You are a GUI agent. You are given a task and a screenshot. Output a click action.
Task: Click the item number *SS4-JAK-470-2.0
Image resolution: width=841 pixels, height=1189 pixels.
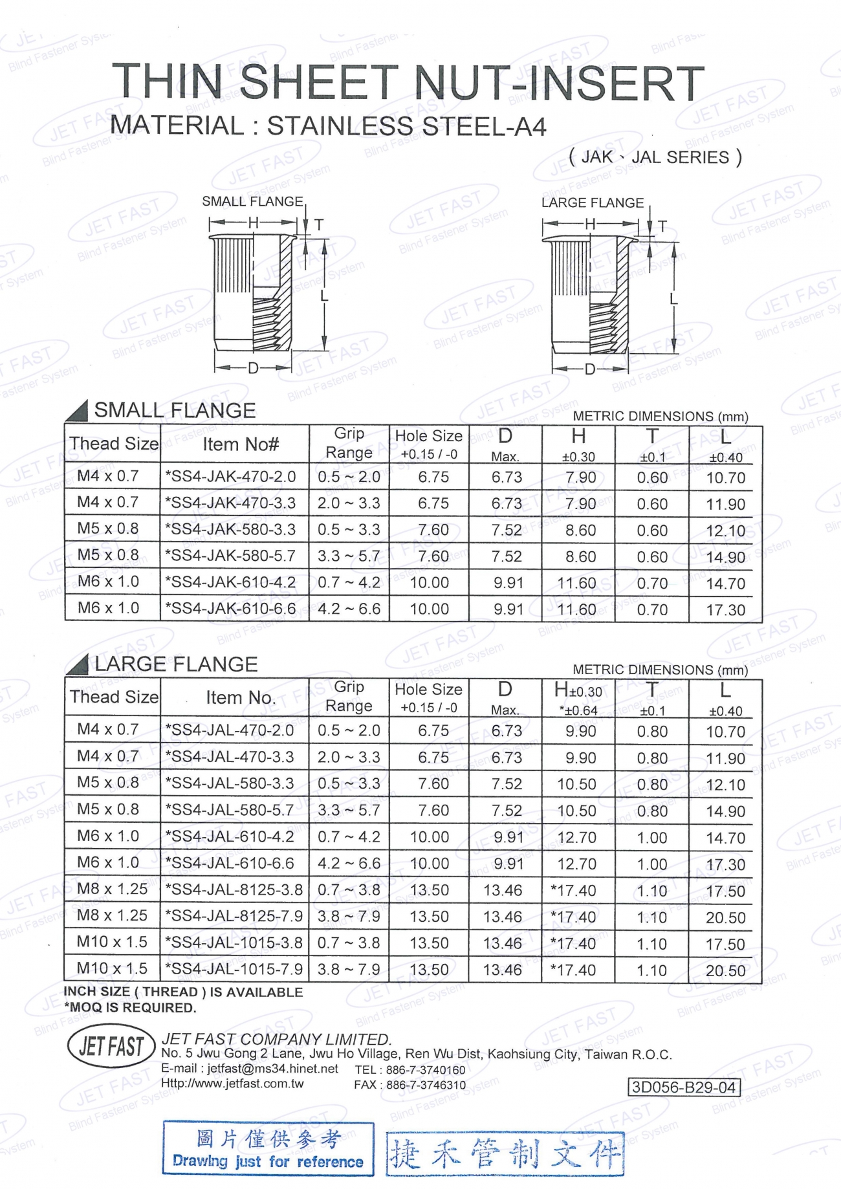[231, 477]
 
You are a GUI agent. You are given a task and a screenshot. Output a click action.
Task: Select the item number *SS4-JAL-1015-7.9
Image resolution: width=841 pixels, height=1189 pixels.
[234, 969]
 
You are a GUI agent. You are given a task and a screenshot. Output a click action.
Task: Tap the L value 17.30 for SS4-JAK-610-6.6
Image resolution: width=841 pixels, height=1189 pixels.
[725, 610]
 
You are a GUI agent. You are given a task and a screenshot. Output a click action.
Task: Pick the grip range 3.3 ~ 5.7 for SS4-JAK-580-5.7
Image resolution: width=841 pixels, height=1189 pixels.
[349, 556]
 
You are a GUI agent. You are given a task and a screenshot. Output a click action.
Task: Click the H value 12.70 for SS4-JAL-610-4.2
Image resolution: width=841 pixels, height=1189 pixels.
[576, 838]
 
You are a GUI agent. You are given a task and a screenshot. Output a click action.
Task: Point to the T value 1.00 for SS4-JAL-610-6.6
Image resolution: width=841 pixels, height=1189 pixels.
[652, 864]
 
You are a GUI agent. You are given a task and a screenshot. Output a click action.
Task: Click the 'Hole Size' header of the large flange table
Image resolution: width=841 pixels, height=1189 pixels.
[428, 690]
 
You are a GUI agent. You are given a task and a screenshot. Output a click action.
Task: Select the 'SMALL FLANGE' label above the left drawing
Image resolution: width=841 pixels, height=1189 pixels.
[252, 202]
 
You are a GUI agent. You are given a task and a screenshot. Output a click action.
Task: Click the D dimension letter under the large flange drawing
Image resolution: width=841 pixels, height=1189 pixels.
[590, 369]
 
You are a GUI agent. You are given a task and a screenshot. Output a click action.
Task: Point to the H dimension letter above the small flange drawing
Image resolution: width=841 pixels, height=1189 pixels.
[254, 224]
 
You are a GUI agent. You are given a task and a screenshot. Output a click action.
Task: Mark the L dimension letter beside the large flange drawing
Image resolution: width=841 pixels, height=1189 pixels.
[673, 299]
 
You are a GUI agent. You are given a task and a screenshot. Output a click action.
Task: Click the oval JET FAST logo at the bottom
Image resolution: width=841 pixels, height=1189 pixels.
[111, 1046]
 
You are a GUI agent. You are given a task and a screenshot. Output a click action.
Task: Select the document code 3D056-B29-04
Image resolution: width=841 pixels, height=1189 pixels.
[684, 1087]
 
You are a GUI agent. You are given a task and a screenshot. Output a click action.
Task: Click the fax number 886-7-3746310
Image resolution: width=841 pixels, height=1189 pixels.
[426, 1085]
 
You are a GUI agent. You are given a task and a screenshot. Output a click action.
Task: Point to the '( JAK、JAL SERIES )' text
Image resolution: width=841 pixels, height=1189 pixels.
[655, 157]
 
